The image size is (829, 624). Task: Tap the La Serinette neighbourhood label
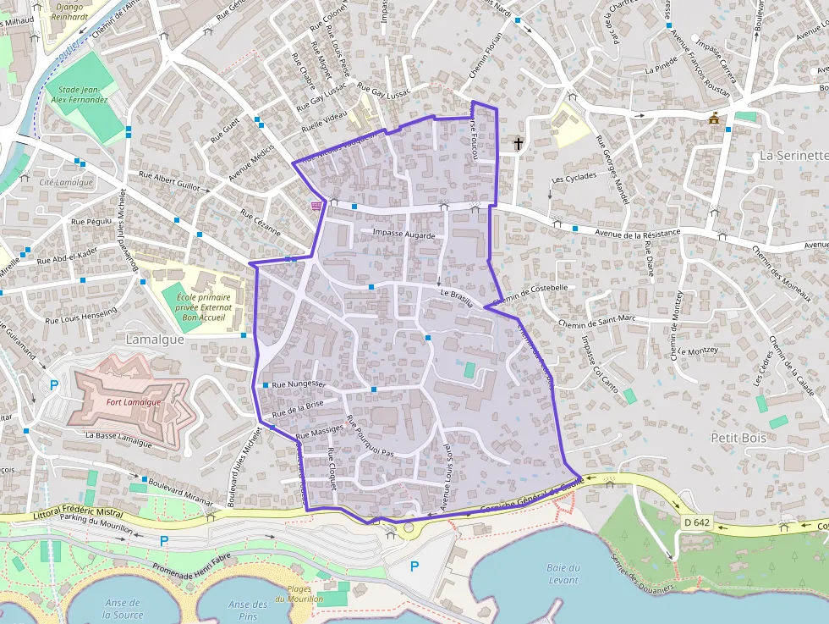[793, 156]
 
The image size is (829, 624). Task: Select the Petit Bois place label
[738, 438]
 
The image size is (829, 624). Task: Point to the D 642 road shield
[696, 522]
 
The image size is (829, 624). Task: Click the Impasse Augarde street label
[404, 235]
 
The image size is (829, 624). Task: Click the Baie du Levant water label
[563, 574]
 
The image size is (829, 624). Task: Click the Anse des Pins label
[248, 610]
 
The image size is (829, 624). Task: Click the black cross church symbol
[518, 144]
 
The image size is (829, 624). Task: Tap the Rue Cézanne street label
[259, 222]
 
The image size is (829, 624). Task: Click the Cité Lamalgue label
[66, 183]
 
